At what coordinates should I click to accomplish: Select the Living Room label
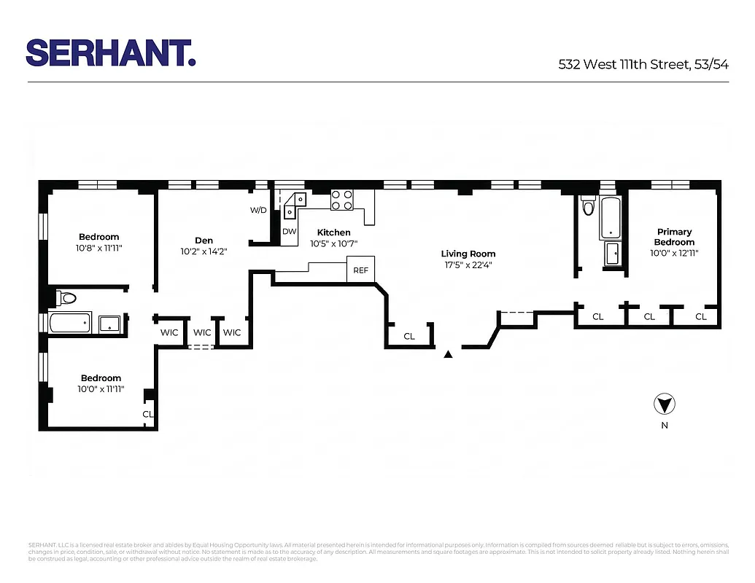pos(468,254)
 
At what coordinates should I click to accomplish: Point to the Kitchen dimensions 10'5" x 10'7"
pos(333,243)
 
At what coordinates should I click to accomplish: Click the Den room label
pos(204,240)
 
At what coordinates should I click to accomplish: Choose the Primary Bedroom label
pos(674,237)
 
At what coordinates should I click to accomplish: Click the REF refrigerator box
pos(360,270)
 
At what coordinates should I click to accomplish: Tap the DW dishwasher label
pos(289,232)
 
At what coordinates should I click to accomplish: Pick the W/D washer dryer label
pos(258,211)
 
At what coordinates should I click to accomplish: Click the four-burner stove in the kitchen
pos(342,200)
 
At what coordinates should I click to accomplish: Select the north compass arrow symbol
pos(664,404)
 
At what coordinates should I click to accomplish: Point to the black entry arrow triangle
pos(449,354)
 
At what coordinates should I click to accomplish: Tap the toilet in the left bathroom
pos(66,297)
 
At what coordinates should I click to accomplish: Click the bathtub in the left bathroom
pos(70,322)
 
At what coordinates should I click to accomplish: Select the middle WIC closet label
pos(202,333)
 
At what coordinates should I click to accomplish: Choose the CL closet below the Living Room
pos(409,336)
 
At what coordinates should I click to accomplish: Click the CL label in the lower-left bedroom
pos(147,414)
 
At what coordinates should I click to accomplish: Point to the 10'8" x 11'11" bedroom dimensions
pos(99,248)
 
